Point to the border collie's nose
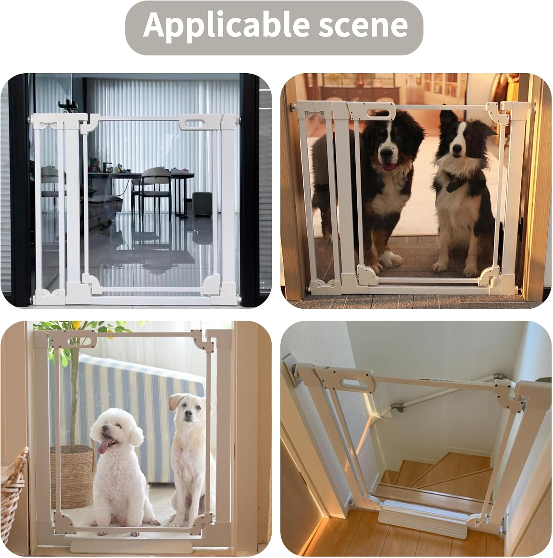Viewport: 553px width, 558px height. [457, 150]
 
